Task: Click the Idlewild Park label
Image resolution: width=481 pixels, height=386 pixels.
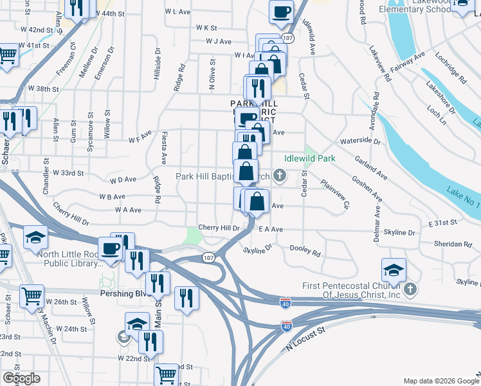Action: click(x=309, y=158)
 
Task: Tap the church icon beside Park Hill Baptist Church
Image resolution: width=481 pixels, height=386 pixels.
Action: click(x=280, y=175)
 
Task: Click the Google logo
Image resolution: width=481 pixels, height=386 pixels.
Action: click(x=21, y=378)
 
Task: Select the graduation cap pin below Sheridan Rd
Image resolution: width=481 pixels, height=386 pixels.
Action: click(x=394, y=270)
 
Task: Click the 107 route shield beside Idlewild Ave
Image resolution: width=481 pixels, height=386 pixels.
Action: click(x=289, y=39)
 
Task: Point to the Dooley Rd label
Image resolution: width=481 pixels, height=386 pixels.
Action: click(x=305, y=251)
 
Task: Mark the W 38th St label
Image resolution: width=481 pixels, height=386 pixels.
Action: click(x=43, y=89)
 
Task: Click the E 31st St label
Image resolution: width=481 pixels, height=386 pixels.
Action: click(x=442, y=222)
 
